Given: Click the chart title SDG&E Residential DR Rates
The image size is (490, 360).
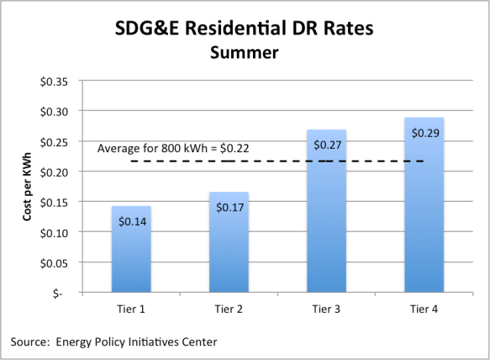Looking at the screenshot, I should point(244,28).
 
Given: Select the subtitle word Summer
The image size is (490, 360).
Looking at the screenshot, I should point(244,54).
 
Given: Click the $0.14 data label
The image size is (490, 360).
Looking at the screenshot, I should point(131,220).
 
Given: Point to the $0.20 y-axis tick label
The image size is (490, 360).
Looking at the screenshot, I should point(61,172).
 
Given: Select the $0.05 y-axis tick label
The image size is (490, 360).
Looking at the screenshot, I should point(61,262).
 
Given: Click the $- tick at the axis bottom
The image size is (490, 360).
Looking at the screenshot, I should point(65,293).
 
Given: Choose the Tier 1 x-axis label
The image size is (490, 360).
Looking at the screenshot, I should point(130,309).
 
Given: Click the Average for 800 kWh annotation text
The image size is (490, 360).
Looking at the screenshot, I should point(173,148).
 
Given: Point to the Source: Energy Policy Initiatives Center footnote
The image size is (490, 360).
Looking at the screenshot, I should point(116,341).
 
